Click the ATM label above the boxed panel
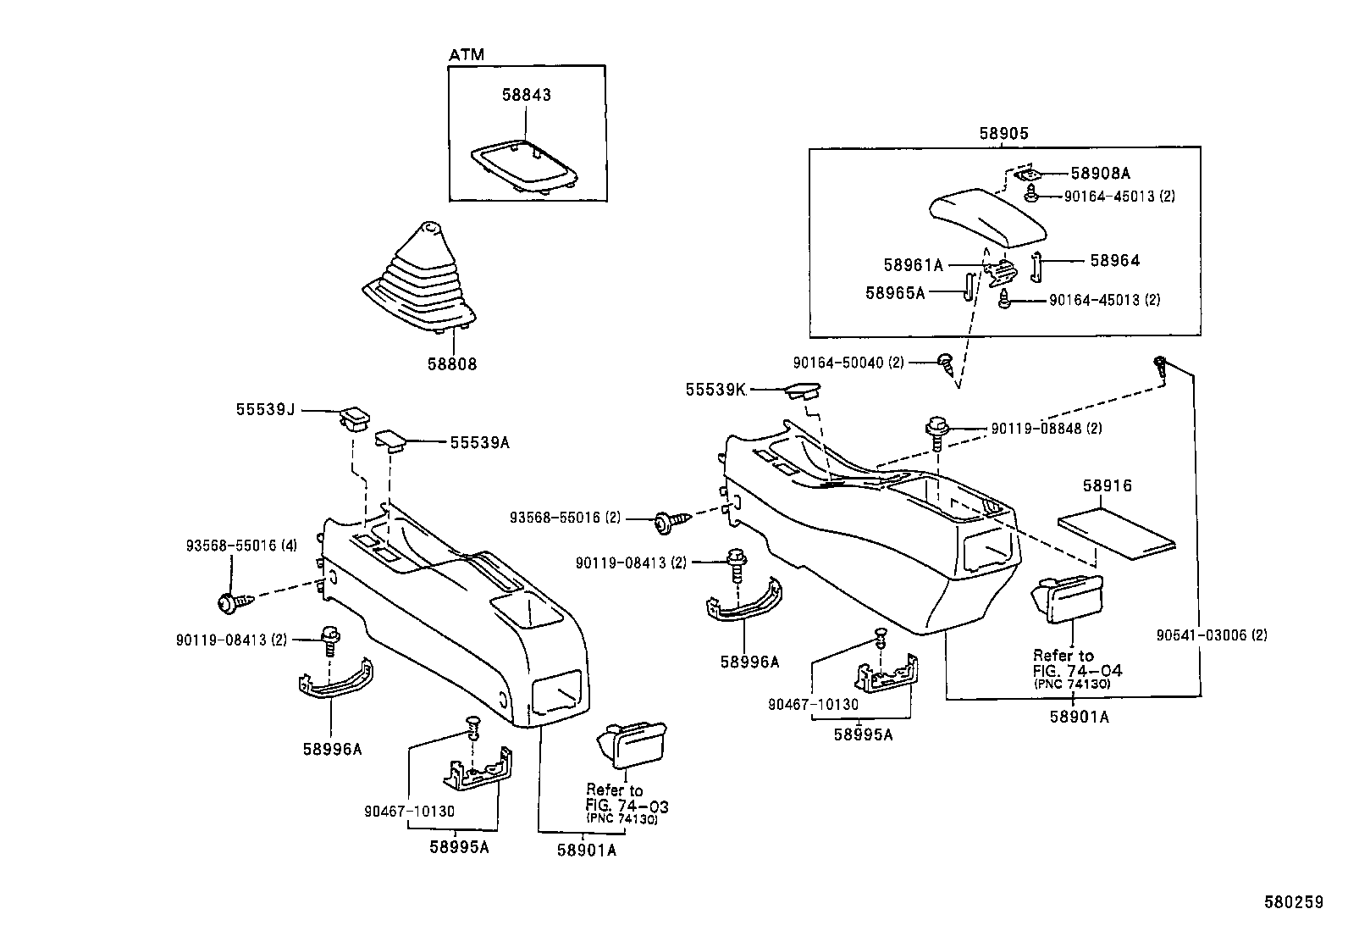pyautogui.click(x=467, y=55)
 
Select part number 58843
pyautogui.click(x=527, y=95)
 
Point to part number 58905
pyautogui.click(x=1003, y=133)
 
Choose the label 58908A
pyautogui.click(x=1100, y=174)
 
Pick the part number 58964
pyautogui.click(x=1115, y=260)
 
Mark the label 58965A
pyautogui.click(x=895, y=292)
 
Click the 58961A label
pyautogui.click(x=914, y=265)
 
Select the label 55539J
pyautogui.click(x=265, y=409)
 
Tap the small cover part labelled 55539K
pyautogui.click(x=803, y=390)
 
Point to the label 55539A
pyautogui.click(x=479, y=442)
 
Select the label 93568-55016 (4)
pyautogui.click(x=241, y=546)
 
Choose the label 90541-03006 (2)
pyautogui.click(x=1212, y=635)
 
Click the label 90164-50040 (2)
pyautogui.click(x=848, y=363)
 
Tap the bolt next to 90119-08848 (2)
pyautogui.click(x=937, y=433)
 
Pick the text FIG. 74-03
pyautogui.click(x=627, y=806)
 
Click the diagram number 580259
pyautogui.click(x=1293, y=901)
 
